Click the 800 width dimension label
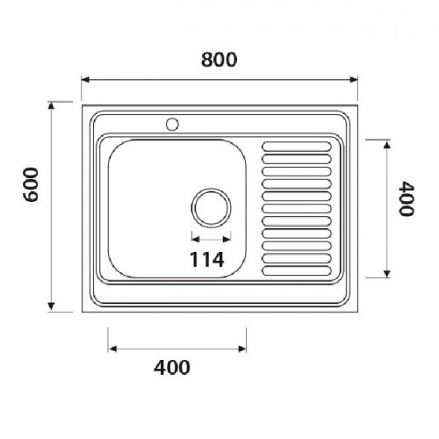219,60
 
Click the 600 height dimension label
31,184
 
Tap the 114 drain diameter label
207,259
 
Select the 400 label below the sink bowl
172,368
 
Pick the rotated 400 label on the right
407,198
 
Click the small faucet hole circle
172,124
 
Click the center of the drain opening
211,207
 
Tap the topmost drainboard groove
297,147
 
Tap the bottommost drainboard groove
297,270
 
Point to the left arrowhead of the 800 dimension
85,80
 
